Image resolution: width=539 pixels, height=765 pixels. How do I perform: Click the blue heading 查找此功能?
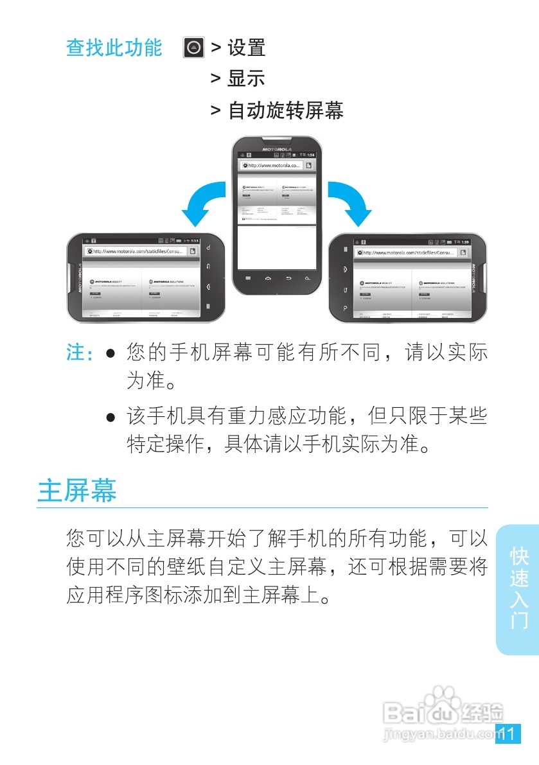(114, 48)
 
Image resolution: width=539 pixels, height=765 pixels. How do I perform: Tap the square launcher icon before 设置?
(193, 48)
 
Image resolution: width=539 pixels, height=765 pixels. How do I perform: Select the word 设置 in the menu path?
(246, 48)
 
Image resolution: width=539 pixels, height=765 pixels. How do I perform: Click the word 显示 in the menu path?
(246, 79)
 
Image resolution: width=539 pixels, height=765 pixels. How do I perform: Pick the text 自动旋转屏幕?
(286, 110)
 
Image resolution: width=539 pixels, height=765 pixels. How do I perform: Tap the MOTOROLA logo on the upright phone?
(277, 149)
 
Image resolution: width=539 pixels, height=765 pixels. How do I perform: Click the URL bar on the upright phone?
(270, 165)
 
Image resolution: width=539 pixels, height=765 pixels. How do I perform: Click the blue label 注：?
(80, 353)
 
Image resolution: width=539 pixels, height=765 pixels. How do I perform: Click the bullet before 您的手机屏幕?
(110, 354)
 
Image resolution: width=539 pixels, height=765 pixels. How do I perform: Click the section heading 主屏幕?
(77, 490)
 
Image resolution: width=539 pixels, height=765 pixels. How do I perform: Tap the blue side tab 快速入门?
(518, 588)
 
